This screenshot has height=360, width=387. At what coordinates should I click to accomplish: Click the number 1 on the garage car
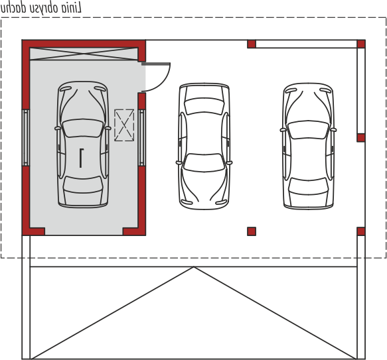81,158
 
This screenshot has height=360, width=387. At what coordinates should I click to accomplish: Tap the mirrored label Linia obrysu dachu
41,8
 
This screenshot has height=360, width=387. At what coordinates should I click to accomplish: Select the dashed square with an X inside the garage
124,125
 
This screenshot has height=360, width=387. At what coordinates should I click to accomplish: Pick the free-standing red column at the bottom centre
252,231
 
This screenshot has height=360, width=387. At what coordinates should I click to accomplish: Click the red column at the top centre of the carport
252,44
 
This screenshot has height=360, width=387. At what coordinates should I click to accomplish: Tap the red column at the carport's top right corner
361,44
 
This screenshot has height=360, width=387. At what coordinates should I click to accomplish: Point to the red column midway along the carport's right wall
361,138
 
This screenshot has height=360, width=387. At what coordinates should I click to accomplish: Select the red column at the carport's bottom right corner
361,231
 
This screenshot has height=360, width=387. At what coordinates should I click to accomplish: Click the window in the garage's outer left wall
26,138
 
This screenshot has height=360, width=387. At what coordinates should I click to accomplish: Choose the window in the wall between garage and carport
141,138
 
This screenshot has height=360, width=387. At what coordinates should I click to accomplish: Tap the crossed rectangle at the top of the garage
84,54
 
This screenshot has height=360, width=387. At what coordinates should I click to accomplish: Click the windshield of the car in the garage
83,128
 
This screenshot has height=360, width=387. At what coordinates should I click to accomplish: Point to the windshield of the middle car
204,162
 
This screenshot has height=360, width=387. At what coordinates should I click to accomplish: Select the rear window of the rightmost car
308,186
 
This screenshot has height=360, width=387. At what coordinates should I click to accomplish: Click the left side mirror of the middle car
179,162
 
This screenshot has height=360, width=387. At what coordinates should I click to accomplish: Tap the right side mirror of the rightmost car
333,130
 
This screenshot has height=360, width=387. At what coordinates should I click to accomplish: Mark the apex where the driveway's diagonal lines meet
194,267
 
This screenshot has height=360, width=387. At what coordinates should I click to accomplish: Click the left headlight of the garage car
66,89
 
